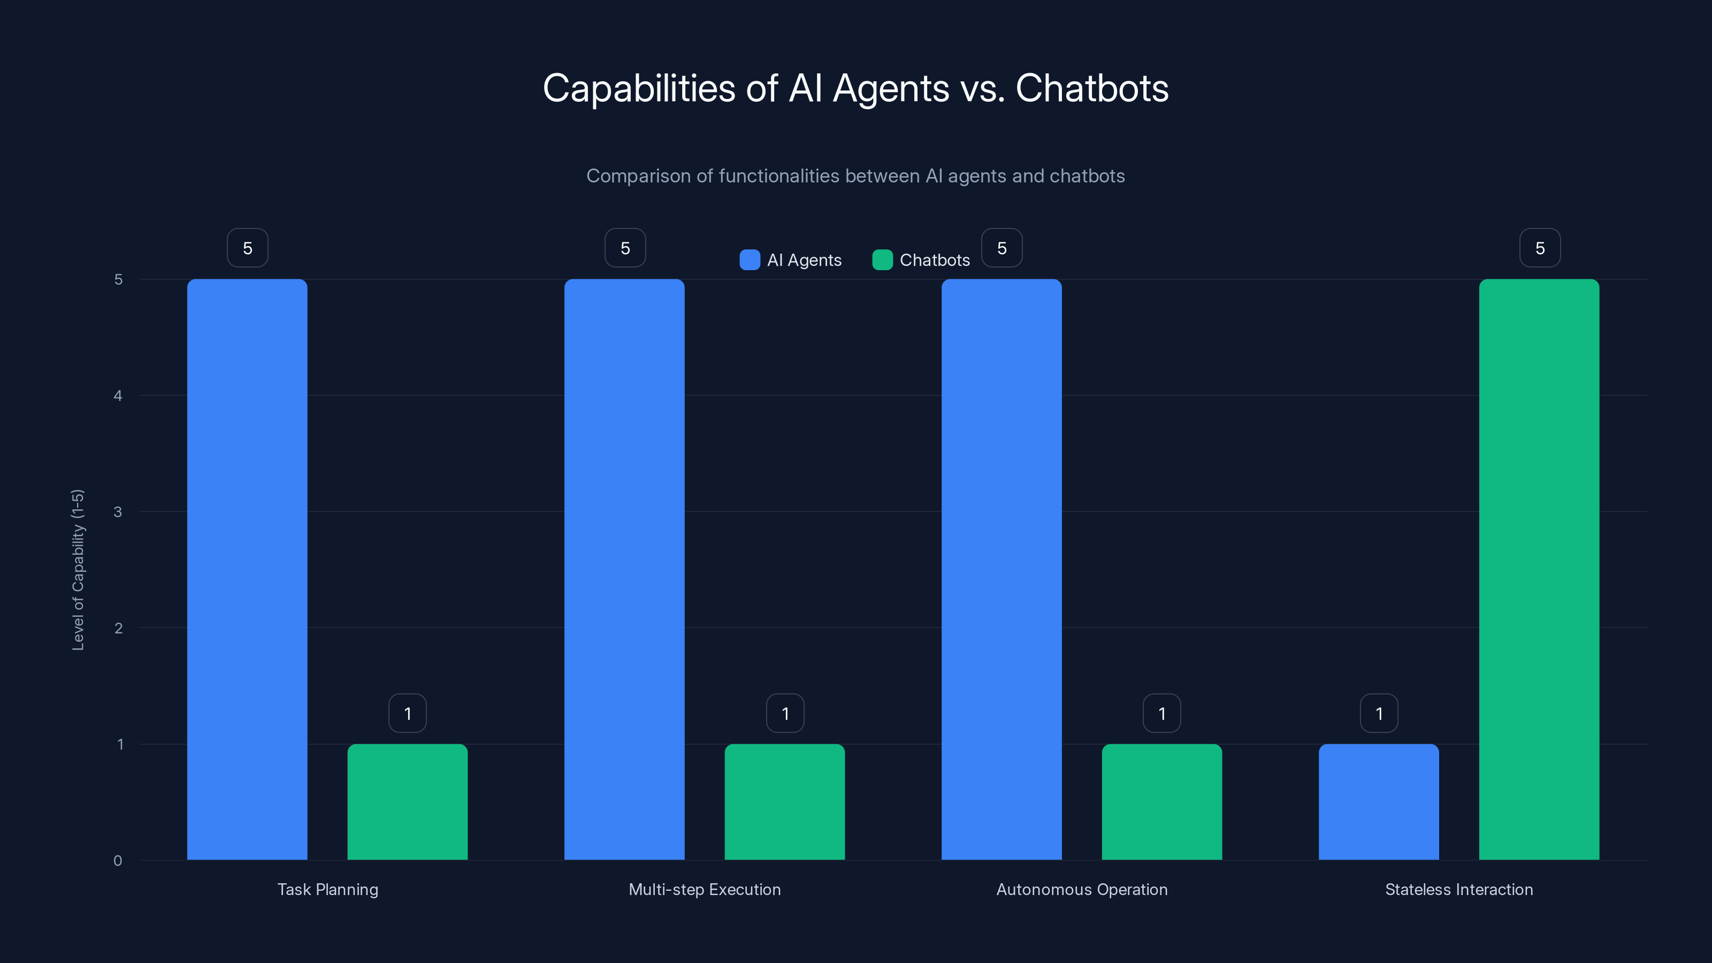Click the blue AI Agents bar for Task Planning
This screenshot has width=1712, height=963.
(247, 569)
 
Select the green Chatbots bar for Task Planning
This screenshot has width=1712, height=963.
(407, 801)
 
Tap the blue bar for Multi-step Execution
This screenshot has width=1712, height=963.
(624, 569)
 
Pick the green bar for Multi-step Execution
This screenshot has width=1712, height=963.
(784, 801)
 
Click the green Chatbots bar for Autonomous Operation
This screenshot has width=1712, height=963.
(1161, 801)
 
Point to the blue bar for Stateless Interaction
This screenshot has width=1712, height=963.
(1378, 801)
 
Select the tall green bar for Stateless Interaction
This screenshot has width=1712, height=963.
(1539, 569)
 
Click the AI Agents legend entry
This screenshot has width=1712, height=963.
(791, 260)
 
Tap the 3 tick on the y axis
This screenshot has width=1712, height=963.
(118, 512)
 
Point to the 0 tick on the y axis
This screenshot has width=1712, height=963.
(118, 861)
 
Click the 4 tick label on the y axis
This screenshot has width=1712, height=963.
(118, 396)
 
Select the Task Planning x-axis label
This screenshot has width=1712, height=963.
(327, 889)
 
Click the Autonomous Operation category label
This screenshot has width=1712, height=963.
(1081, 889)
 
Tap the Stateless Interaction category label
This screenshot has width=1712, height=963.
(1459, 889)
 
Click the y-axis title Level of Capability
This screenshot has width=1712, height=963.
(78, 570)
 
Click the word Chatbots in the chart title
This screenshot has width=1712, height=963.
(1091, 88)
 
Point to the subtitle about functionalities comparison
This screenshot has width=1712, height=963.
(855, 176)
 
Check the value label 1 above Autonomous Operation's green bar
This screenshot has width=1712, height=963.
(1161, 714)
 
